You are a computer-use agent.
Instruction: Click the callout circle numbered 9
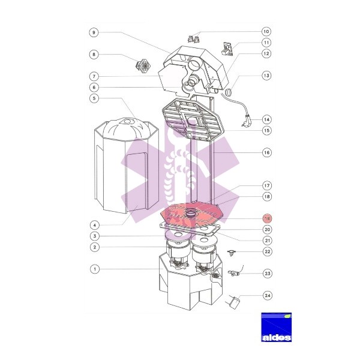pos(94,32)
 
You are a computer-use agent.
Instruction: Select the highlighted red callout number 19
pos(267,218)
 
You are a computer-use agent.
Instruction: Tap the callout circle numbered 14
pos(266,119)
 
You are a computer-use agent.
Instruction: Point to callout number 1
pos(95,269)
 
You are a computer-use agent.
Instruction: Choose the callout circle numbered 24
pos(268,295)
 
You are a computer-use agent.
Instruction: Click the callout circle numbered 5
pos(94,98)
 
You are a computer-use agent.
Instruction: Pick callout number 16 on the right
pos(267,152)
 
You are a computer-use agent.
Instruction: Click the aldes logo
pos(276,327)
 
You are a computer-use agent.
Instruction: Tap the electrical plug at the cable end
pos(247,120)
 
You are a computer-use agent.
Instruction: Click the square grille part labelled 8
pos(144,65)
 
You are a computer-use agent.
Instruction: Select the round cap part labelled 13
pos(229,92)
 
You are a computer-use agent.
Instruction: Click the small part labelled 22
pos(231,253)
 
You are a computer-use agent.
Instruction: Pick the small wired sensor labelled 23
pos(235,272)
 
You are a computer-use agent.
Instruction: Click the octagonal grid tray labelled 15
pos(193,121)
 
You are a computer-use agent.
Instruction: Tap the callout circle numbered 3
pos(95,236)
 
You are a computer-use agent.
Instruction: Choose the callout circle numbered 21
pos(267,241)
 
